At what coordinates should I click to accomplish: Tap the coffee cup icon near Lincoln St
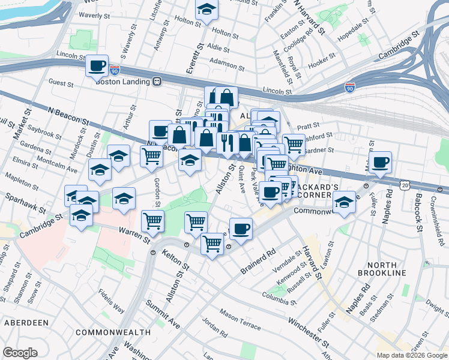97,66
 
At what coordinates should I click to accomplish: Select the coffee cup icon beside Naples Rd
381,162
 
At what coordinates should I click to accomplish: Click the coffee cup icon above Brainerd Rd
241,229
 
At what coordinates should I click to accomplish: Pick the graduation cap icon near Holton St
206,10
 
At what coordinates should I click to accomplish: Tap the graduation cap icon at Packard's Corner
345,202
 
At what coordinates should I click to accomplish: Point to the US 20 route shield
406,187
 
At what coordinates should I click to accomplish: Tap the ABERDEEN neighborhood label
26,322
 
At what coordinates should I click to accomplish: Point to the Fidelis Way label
112,302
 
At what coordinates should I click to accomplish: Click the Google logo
20,353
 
